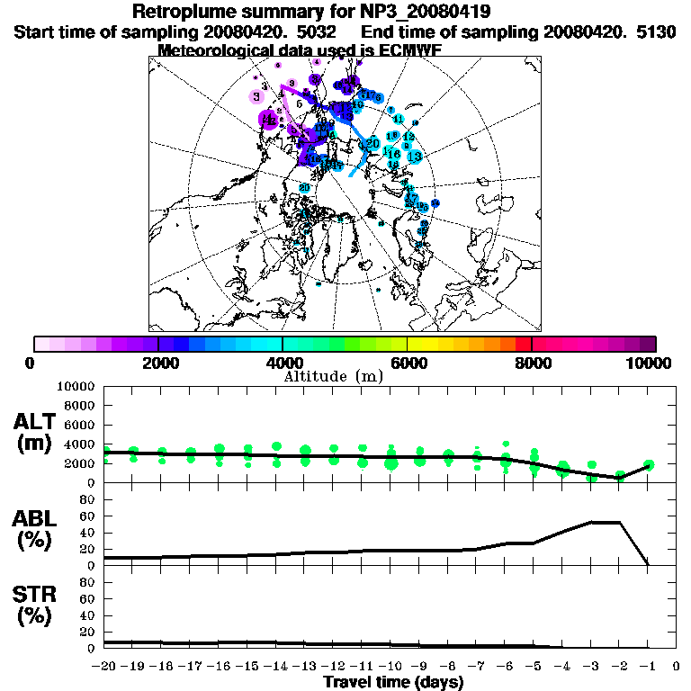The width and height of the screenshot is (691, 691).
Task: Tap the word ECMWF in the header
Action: (404, 50)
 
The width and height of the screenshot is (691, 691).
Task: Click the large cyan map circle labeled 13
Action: (415, 156)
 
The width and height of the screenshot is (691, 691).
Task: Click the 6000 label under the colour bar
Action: (407, 363)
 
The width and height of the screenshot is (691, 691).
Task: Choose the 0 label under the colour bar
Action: (31, 363)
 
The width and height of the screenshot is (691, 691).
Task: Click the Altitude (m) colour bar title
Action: (334, 375)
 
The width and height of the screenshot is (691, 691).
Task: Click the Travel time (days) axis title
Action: (393, 683)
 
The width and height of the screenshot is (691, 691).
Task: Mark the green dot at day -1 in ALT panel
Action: (649, 464)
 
